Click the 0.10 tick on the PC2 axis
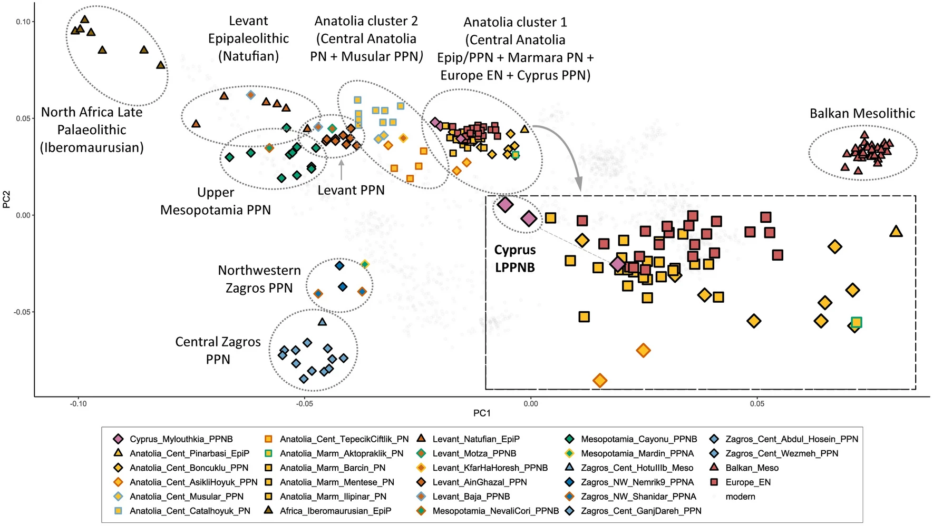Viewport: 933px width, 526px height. click(x=23, y=22)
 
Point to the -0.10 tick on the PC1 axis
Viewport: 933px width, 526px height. click(x=79, y=404)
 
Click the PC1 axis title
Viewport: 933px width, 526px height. click(x=482, y=413)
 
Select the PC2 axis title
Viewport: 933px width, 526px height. click(x=7, y=199)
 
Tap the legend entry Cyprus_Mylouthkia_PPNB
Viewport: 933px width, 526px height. click(x=181, y=439)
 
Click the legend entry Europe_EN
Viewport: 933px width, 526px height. click(x=747, y=482)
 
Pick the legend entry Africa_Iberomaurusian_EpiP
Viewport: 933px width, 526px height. click(x=335, y=511)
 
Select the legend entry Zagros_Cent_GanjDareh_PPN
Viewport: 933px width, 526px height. click(x=640, y=511)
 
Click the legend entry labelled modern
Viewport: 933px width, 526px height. click(x=740, y=497)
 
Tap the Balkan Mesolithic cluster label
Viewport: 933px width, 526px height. click(x=862, y=113)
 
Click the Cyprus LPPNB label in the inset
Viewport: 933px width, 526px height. click(x=514, y=259)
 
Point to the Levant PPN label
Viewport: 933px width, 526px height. click(x=351, y=190)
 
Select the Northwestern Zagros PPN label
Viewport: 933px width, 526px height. click(x=259, y=279)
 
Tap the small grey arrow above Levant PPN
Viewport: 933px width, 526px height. click(x=341, y=170)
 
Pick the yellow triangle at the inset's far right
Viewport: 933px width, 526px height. click(x=896, y=231)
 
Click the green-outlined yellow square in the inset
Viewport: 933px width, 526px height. click(x=857, y=322)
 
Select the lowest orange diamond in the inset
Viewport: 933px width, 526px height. click(x=599, y=380)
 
